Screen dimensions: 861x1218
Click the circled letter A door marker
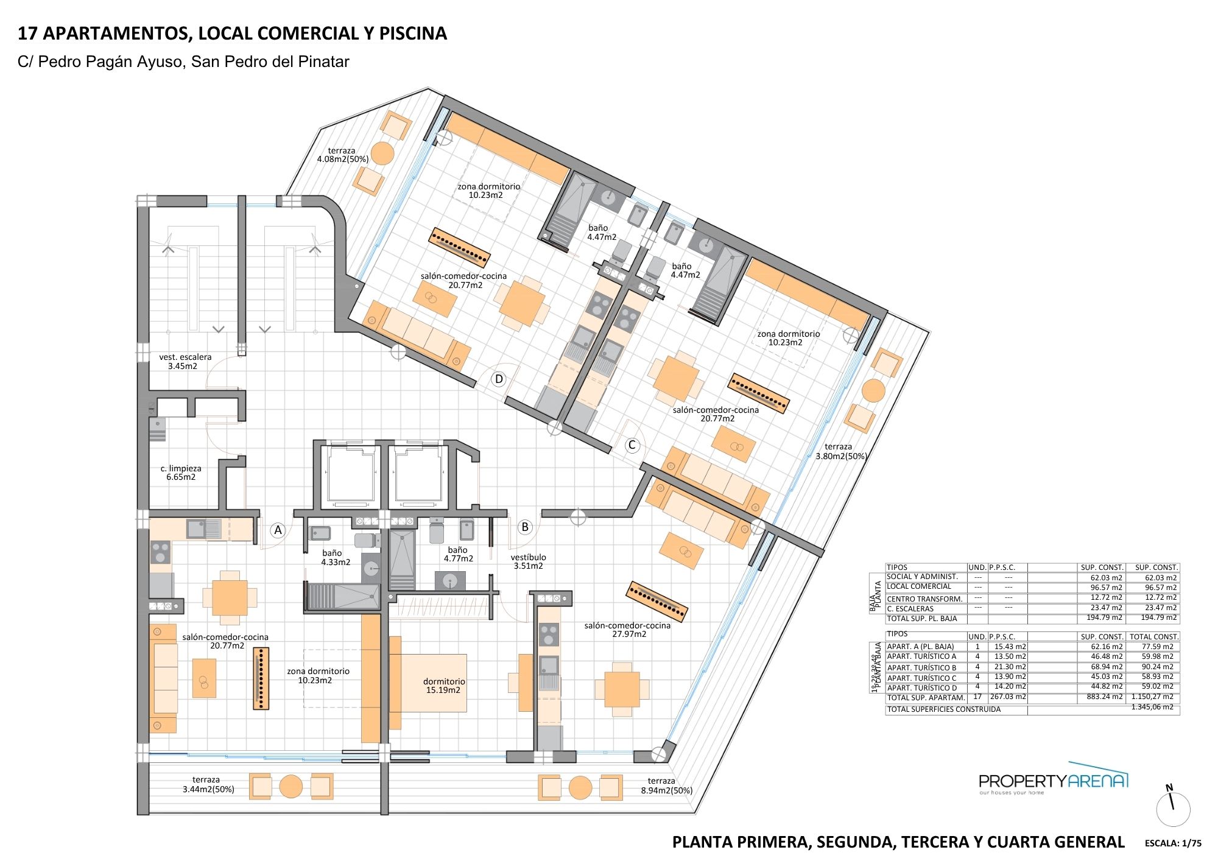point(278,530)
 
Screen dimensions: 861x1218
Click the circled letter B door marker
point(525,527)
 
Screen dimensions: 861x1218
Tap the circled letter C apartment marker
point(632,445)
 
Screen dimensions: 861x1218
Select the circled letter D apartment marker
point(499,379)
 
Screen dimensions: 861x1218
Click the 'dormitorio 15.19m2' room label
point(444,686)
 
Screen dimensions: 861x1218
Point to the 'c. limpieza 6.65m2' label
point(181,473)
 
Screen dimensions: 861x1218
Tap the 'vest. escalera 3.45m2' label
point(185,362)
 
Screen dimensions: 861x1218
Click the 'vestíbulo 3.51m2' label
point(528,561)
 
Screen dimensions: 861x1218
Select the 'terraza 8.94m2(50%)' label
point(666,785)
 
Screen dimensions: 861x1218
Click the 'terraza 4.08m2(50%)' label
point(342,155)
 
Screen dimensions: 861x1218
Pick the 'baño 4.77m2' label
point(458,554)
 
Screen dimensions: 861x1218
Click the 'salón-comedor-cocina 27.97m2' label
point(627,630)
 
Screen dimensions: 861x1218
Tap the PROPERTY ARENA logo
point(1053,781)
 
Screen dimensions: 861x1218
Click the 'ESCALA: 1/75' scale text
point(1173,843)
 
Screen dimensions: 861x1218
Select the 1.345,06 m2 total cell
point(1152,707)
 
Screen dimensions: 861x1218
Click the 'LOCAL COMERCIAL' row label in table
point(919,586)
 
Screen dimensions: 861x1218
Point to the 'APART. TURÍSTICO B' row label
point(921,667)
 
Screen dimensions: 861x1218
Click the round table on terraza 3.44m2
point(291,787)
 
